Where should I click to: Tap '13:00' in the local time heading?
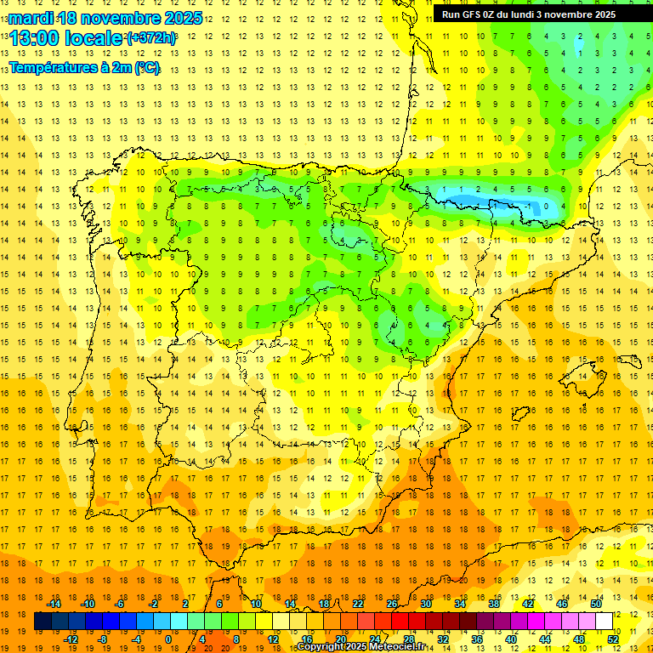(36, 38)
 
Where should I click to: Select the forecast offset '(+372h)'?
(151, 38)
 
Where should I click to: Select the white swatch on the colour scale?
(604, 622)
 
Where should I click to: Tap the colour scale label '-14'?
(53, 604)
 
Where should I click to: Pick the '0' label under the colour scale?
(168, 639)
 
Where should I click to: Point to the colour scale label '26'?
(392, 604)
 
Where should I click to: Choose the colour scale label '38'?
(494, 604)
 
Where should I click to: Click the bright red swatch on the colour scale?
(400, 622)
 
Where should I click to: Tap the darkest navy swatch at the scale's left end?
(43, 622)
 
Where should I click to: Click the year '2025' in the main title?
(182, 18)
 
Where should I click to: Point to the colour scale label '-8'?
(103, 639)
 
